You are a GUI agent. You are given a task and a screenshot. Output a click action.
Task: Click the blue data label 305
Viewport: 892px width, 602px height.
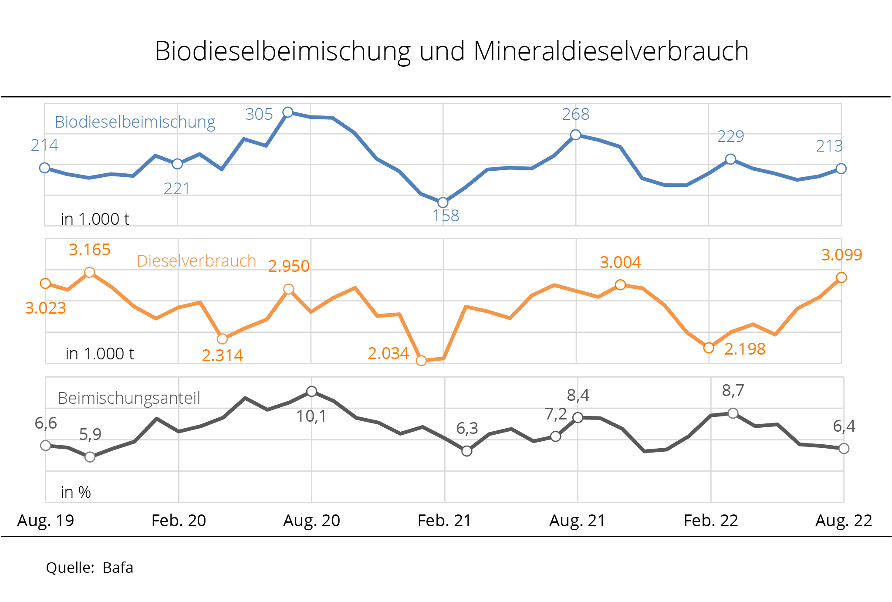point(259,114)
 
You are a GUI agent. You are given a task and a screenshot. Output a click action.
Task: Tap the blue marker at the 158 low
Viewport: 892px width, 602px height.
point(443,202)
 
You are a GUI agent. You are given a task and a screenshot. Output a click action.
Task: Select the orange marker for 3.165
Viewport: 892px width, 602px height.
point(89,272)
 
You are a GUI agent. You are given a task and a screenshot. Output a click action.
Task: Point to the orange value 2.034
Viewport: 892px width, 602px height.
point(388,353)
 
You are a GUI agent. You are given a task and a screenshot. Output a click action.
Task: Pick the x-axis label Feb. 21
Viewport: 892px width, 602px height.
point(444,520)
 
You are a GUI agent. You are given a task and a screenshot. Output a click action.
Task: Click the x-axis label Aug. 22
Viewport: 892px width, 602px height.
point(844,520)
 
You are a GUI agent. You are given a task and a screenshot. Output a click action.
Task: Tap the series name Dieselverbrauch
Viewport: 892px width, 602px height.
point(196,260)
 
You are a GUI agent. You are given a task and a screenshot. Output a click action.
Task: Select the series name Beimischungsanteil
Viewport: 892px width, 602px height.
point(129,398)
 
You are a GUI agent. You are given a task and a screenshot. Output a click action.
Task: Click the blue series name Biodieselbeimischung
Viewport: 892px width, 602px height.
point(135,122)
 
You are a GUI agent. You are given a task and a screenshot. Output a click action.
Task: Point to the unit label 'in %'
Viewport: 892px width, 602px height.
point(76,492)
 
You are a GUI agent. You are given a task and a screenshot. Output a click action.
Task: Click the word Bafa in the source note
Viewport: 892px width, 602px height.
point(118,568)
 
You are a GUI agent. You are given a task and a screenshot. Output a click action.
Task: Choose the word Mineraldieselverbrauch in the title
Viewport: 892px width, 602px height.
point(611,51)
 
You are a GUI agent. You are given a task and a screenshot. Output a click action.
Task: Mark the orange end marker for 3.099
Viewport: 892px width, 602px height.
point(841,277)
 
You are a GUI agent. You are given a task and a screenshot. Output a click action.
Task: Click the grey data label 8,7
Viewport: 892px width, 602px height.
point(733,391)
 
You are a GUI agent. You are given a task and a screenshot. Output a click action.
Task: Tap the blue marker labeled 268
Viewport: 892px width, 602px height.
point(575,135)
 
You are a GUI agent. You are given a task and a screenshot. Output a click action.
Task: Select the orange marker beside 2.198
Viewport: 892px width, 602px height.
point(709,348)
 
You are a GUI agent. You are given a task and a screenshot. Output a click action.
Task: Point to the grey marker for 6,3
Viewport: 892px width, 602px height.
point(466,451)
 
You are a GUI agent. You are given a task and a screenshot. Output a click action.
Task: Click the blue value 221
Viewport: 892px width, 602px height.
point(176,189)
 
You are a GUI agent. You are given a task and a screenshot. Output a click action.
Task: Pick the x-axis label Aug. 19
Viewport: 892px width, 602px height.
point(46,520)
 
